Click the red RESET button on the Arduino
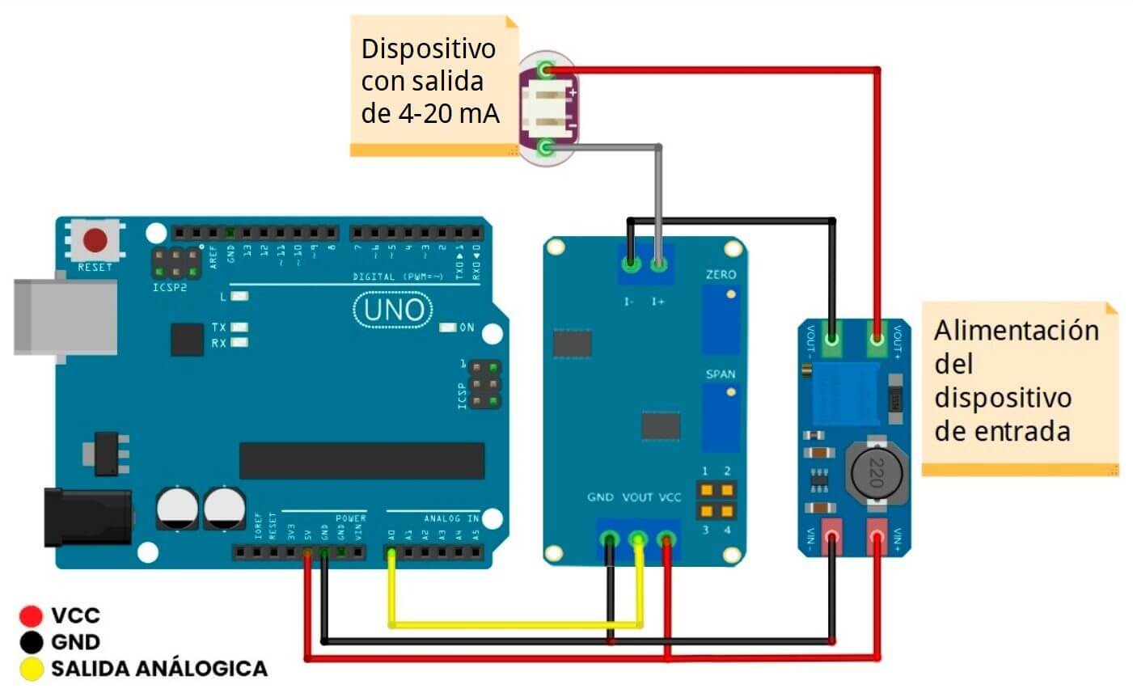[x=96, y=240]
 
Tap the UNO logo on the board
[x=393, y=311]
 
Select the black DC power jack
[x=87, y=515]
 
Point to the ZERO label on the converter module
[x=721, y=275]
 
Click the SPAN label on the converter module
[x=721, y=374]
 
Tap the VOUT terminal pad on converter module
[x=638, y=539]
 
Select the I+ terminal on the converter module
[x=659, y=264]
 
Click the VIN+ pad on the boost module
[x=877, y=537]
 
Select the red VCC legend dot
[x=31, y=616]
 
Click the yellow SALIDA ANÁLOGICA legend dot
[x=31, y=670]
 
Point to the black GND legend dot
[x=31, y=643]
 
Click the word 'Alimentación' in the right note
[x=1016, y=332]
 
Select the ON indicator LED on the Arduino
[x=447, y=327]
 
